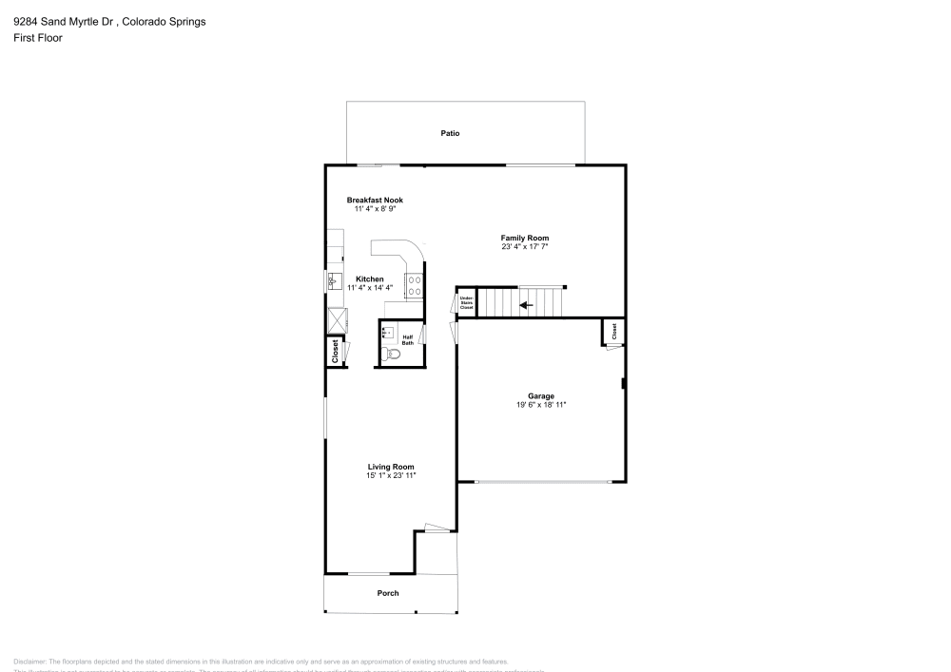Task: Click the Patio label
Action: click(x=450, y=133)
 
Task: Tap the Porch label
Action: click(x=388, y=593)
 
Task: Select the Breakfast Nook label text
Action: click(x=375, y=200)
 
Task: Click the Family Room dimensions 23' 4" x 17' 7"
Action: click(x=525, y=247)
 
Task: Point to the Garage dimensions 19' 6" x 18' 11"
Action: click(x=541, y=405)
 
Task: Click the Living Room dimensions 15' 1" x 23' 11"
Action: click(x=392, y=475)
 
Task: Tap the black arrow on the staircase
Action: click(x=525, y=305)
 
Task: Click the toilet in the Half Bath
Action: click(x=393, y=355)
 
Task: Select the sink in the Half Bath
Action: click(x=388, y=332)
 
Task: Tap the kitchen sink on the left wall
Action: click(x=334, y=281)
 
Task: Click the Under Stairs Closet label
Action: click(x=466, y=303)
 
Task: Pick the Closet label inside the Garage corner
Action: click(x=613, y=331)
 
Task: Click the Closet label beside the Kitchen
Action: click(x=335, y=352)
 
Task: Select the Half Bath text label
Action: click(x=407, y=339)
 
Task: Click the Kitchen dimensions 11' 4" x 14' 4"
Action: click(x=369, y=287)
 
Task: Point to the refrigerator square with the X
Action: click(x=335, y=320)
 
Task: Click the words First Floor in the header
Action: click(x=38, y=38)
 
